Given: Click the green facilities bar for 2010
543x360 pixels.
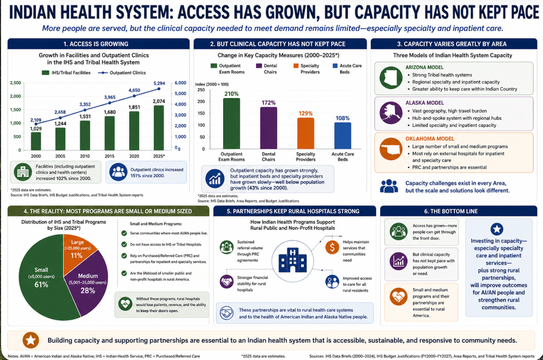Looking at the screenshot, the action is click(85, 135).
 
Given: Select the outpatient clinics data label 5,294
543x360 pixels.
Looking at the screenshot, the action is click(159, 83).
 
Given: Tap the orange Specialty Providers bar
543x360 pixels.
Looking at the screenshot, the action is click(306, 134).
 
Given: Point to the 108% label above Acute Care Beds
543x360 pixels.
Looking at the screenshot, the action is click(343, 118).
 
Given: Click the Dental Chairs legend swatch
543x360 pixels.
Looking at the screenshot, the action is click(259, 66).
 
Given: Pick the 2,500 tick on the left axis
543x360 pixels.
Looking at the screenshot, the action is click(15, 83).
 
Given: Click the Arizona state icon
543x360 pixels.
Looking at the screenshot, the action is click(391, 78).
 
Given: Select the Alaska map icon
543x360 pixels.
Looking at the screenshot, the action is click(391, 113).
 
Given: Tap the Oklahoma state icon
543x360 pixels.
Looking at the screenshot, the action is click(391, 149).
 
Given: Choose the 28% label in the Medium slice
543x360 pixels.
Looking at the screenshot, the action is click(88, 291).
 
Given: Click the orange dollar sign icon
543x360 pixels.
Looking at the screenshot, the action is click(332, 247).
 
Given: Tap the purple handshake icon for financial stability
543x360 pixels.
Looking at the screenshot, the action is click(227, 282).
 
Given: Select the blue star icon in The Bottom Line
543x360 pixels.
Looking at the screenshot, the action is click(497, 229).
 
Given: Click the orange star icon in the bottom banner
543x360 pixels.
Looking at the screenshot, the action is click(31, 340).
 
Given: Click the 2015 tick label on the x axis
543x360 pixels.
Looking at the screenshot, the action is click(109, 156).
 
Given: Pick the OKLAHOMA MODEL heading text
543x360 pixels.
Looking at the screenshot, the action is click(430, 139).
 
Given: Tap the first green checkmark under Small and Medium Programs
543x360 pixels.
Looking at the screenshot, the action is click(124, 233).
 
